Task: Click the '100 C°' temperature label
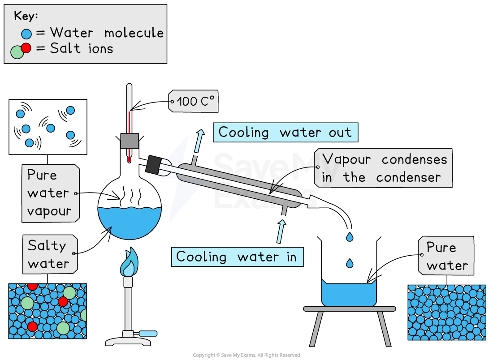[x=194, y=102]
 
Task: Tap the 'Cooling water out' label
[x=285, y=133]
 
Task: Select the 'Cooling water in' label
[x=237, y=257]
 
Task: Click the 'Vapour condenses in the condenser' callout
[x=384, y=168]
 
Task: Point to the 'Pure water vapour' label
[x=48, y=193]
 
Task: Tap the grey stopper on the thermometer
[x=130, y=141]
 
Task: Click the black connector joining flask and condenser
[x=153, y=164]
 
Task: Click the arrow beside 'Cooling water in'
[x=281, y=231]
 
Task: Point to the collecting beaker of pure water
[x=349, y=293]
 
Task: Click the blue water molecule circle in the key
[x=27, y=34]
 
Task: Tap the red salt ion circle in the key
[x=26, y=48]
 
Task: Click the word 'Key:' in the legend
[x=26, y=16]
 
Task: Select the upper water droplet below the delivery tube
[x=349, y=236]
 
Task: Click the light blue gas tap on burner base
[x=148, y=334]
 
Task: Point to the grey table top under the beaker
[x=350, y=309]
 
